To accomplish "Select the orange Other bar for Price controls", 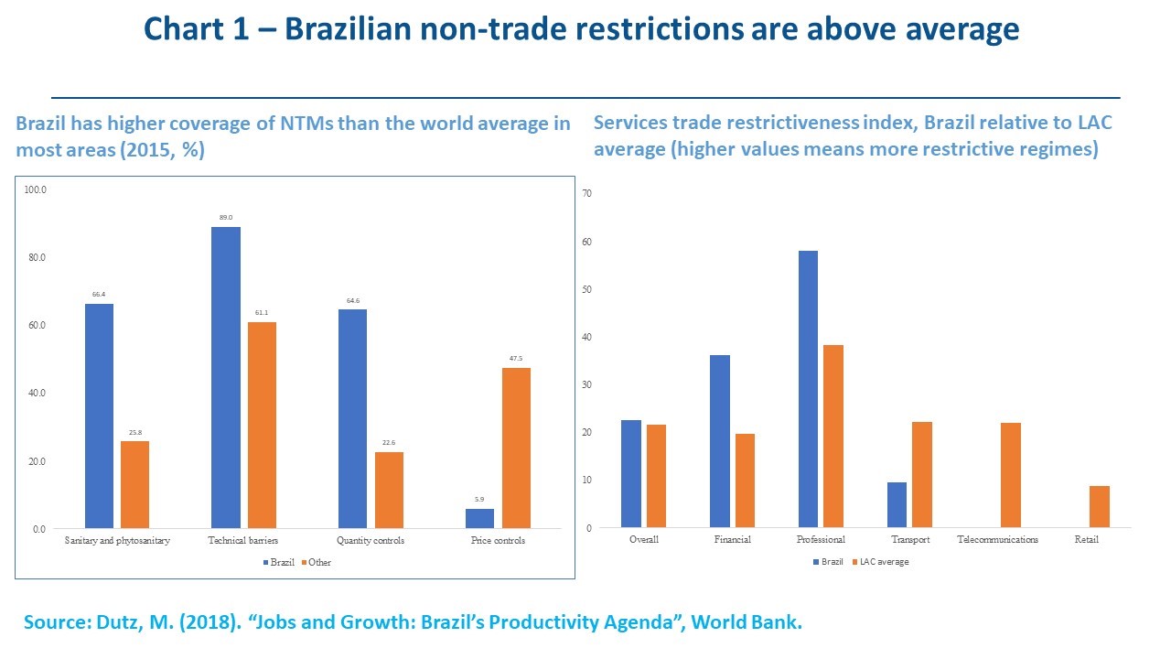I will coord(516,448).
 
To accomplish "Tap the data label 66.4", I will coord(99,295).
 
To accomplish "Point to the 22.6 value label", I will coord(389,443).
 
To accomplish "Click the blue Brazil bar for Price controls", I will coord(479,519).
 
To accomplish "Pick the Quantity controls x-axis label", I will coord(371,541).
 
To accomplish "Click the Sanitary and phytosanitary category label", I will coord(117,541).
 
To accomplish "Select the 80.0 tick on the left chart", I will coord(36,258).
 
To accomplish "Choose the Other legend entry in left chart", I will coord(315,562).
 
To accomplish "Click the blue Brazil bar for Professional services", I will coord(808,389).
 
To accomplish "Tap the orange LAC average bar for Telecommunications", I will coord(1011,475).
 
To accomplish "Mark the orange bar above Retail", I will coord(1100,506).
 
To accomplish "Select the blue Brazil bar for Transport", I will coord(897,504).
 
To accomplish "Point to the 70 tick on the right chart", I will coord(587,194).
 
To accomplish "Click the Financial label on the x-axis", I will coord(733,540).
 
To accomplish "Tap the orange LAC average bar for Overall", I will coord(656,476).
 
